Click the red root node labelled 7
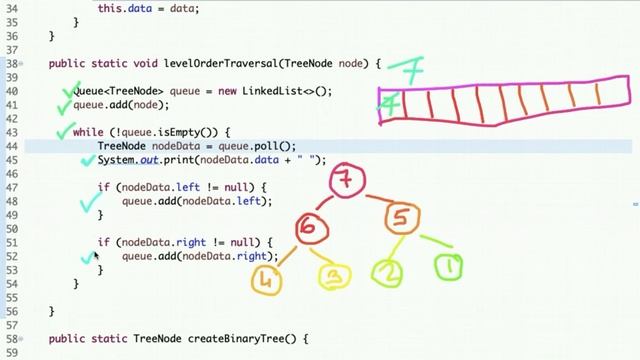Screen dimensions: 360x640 tap(346, 182)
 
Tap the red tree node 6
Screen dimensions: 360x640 tap(308, 229)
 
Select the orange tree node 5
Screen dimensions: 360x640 tap(401, 218)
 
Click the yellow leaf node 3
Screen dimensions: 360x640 tap(336, 277)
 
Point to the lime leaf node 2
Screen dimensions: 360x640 tap(387, 272)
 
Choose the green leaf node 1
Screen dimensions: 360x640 tap(449, 267)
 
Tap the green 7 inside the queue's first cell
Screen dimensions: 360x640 tap(393, 104)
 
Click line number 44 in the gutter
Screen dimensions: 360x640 tap(12, 146)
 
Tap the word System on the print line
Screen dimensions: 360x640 tap(117, 160)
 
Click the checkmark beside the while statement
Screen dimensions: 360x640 tap(64, 130)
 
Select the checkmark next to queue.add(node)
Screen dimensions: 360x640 tap(65, 103)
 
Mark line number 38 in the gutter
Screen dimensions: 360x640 tap(12, 64)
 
